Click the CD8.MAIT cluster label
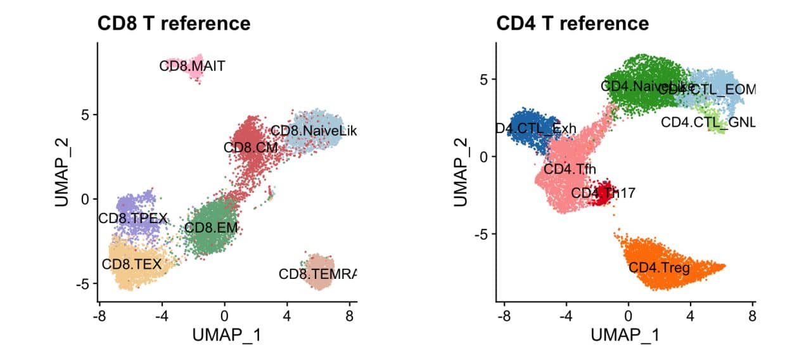[x=192, y=65]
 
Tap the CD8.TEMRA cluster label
[x=317, y=274]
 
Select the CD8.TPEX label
[x=132, y=219]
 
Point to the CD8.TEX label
[x=132, y=264]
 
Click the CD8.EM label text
[x=205, y=226]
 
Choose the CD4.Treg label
[x=659, y=267]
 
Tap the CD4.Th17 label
[x=603, y=192]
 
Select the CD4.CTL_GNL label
[x=708, y=122]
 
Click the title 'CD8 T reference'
[x=174, y=23]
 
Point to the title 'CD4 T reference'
[x=572, y=23]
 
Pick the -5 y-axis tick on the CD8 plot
[x=85, y=283]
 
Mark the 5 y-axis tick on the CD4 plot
[x=483, y=79]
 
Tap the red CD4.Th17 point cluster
[x=604, y=193]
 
